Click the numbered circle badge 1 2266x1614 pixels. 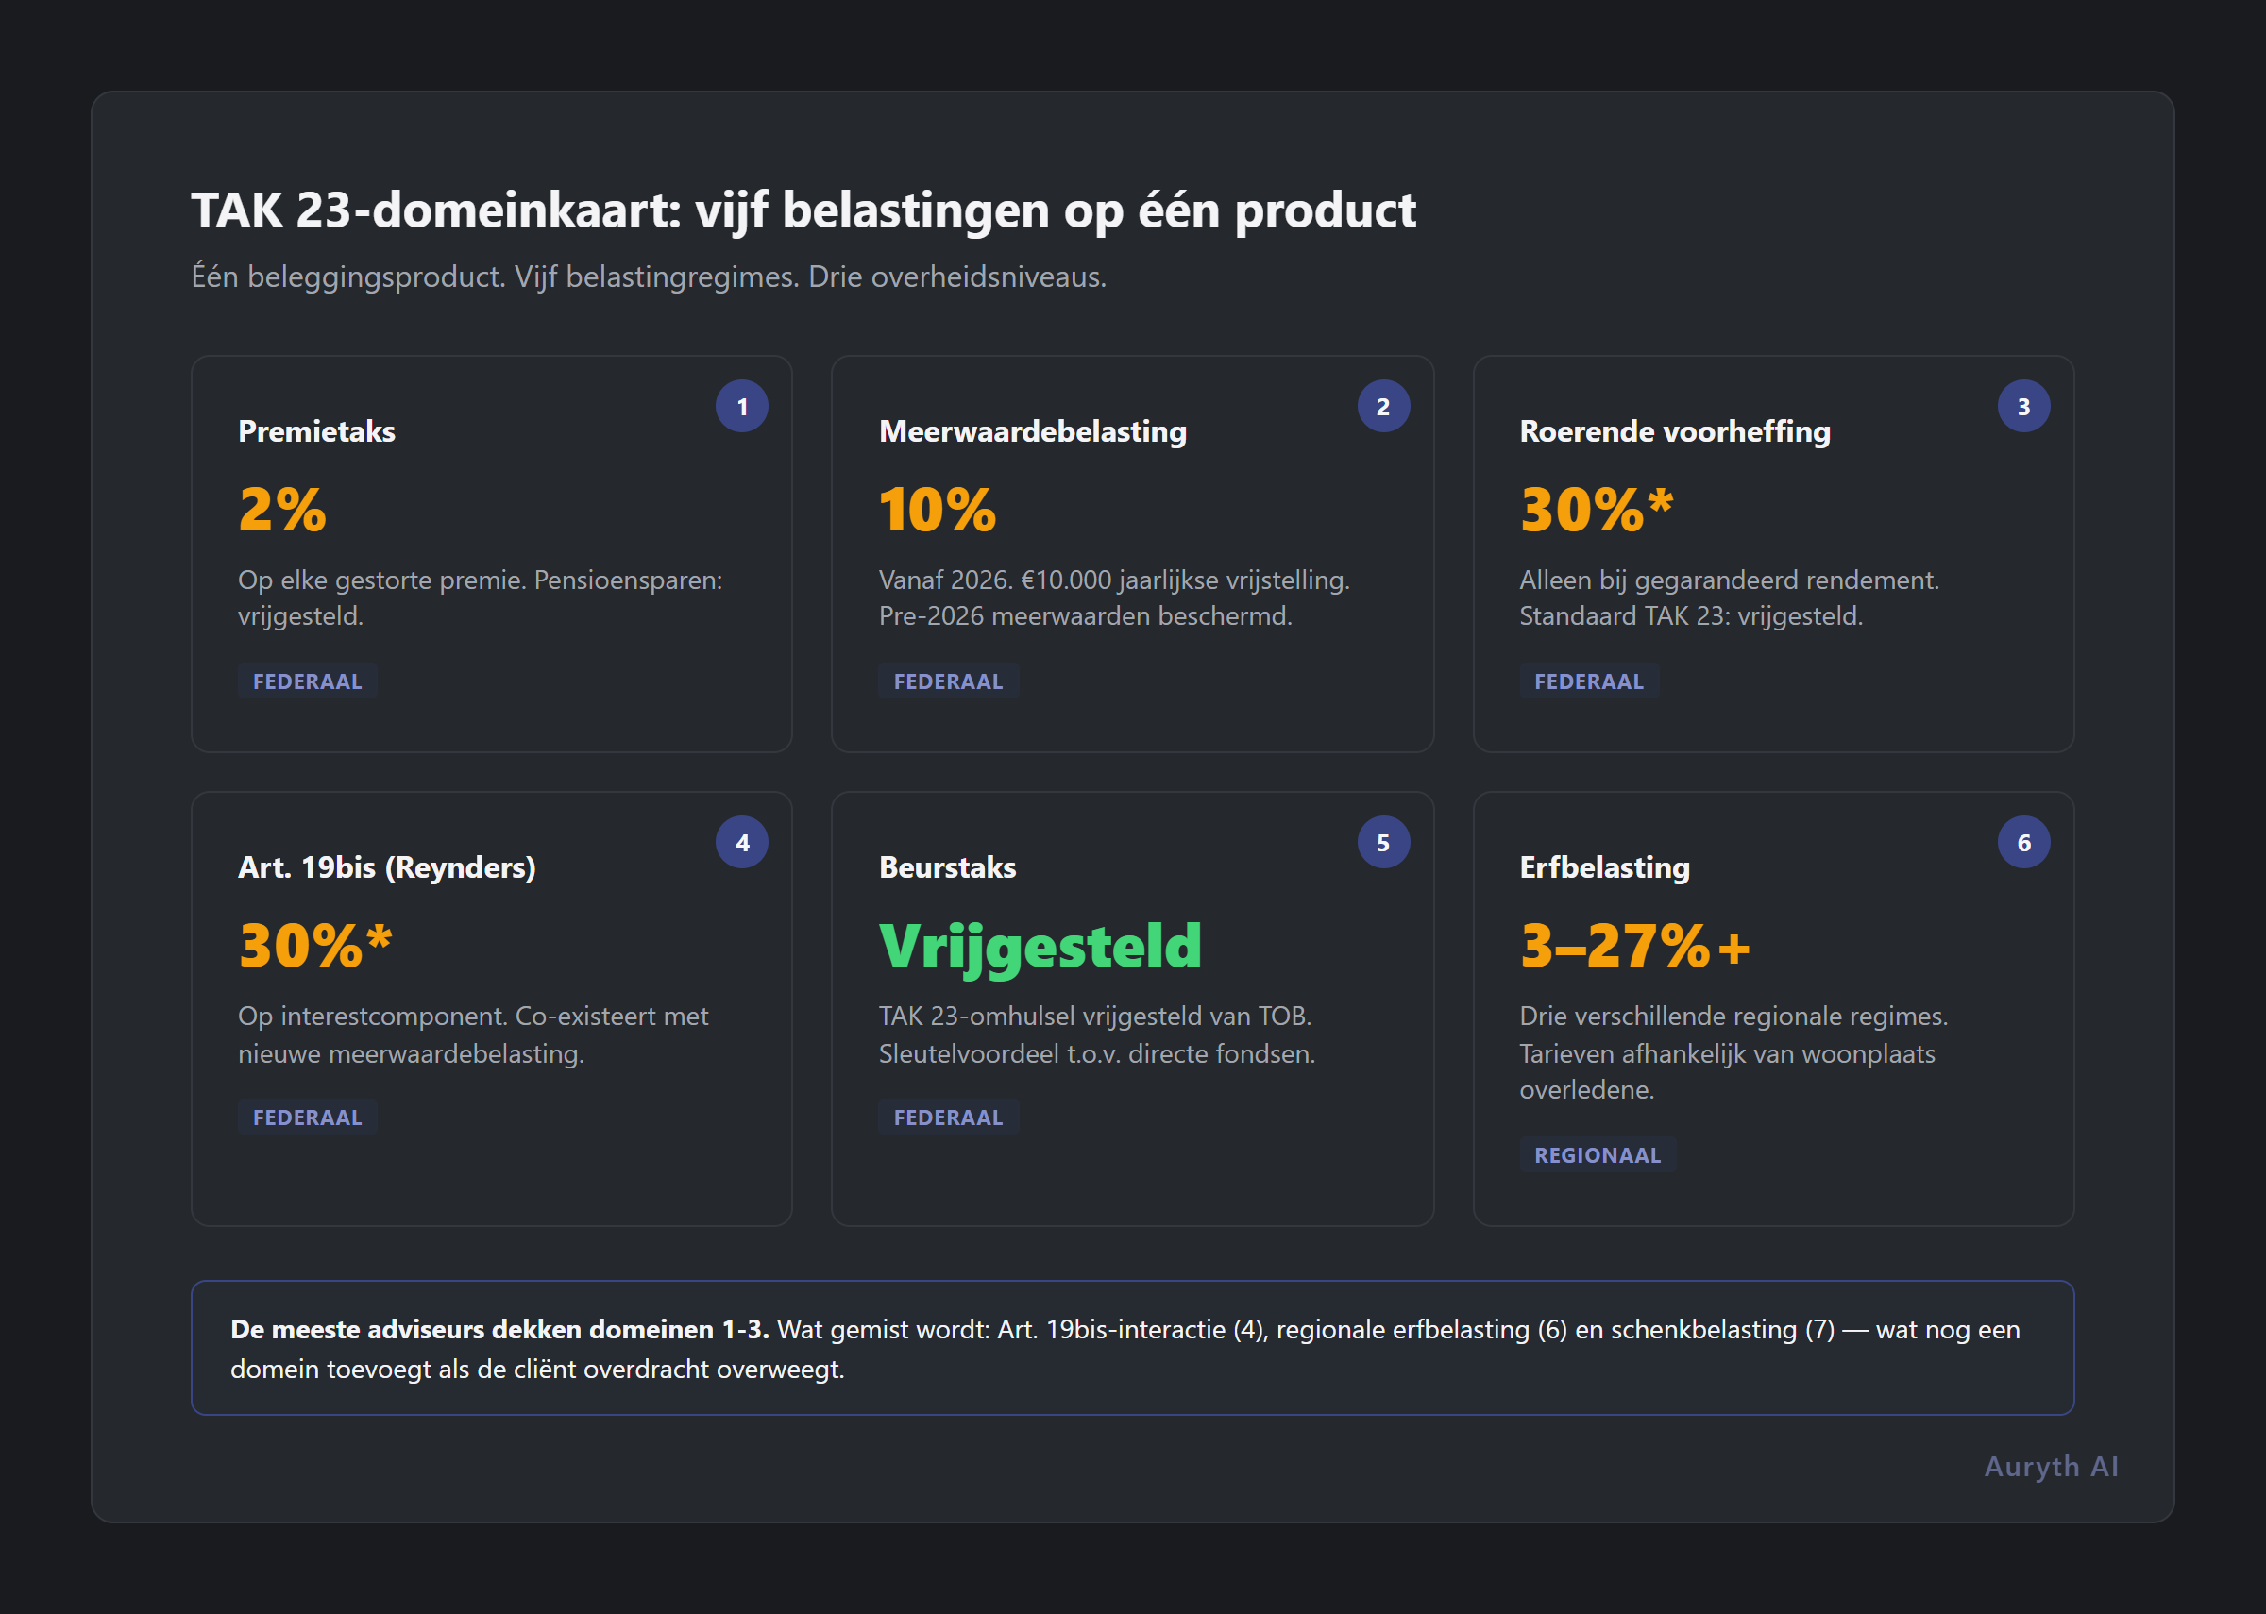pyautogui.click(x=741, y=406)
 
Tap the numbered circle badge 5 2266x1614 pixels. pyautogui.click(x=1382, y=842)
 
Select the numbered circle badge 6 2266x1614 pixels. pyautogui.click(x=2022, y=842)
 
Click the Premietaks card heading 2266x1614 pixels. pyautogui.click(x=316, y=431)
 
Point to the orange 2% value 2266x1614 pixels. pyautogui.click(x=281, y=510)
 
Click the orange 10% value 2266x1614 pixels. pyautogui.click(x=937, y=510)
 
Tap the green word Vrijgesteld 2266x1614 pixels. pyautogui.click(x=1040, y=945)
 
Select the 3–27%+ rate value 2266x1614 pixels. pyautogui.click(x=1634, y=945)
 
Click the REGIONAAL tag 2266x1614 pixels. pyautogui.click(x=1597, y=1155)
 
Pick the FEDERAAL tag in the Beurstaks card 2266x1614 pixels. pyautogui.click(x=947, y=1118)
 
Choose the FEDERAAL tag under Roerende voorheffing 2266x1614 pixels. pyautogui.click(x=1588, y=681)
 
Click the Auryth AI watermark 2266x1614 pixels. pyautogui.click(x=2051, y=1466)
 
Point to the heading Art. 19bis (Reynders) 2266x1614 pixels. pyautogui.click(x=386, y=867)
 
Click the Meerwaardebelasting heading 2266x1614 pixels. pyautogui.click(x=1032, y=431)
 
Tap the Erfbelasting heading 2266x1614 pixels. pyautogui.click(x=1604, y=867)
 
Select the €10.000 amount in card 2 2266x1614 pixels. pyautogui.click(x=1066, y=580)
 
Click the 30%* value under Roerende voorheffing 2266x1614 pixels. pyautogui.click(x=1595, y=510)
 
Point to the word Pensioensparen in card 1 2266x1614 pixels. pyautogui.click(x=627, y=580)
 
